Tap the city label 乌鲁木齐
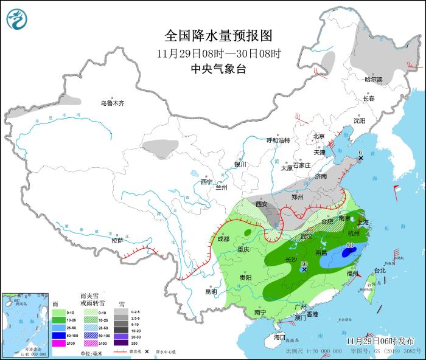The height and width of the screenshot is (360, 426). point(113,103)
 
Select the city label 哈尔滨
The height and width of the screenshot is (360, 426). point(373,80)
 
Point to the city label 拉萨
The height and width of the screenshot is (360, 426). point(117,241)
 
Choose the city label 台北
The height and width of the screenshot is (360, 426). point(380,270)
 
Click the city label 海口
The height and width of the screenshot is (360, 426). point(279,337)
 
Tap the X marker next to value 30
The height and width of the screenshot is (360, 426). point(304,269)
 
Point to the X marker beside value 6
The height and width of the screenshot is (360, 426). point(360,158)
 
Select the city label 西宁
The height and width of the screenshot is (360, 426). point(206,182)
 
